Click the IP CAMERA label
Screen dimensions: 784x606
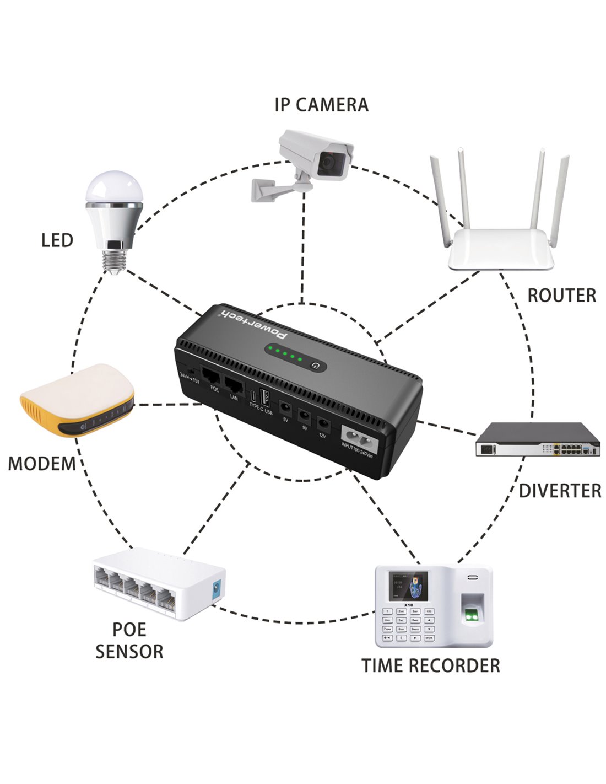[x=321, y=104]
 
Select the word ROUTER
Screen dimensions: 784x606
[x=561, y=296]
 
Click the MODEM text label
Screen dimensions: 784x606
[x=42, y=464]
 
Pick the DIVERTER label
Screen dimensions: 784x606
[x=560, y=491]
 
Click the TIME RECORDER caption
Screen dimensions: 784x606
[x=431, y=665]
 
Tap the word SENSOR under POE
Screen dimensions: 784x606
[x=129, y=651]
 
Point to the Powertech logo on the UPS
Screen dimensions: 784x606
[x=256, y=324]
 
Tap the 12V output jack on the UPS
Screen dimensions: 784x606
[x=323, y=425]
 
